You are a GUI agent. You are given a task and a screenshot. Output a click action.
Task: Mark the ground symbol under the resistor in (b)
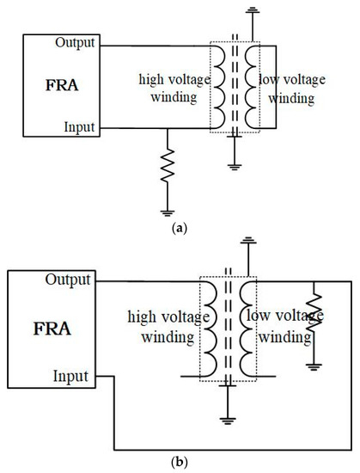click(315, 365)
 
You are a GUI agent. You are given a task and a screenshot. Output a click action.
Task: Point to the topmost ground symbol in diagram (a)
click(252, 10)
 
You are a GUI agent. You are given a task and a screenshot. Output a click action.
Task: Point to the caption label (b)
click(180, 462)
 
